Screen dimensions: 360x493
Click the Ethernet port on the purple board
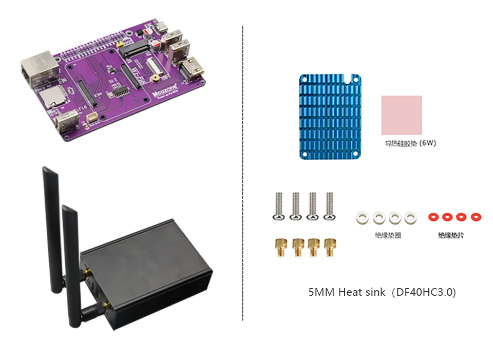click(35, 70)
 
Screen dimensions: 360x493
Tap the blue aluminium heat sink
click(330, 117)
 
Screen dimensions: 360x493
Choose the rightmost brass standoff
click(328, 247)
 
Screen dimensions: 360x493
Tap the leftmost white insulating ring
click(362, 217)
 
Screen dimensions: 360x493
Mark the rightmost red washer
click(476, 217)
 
